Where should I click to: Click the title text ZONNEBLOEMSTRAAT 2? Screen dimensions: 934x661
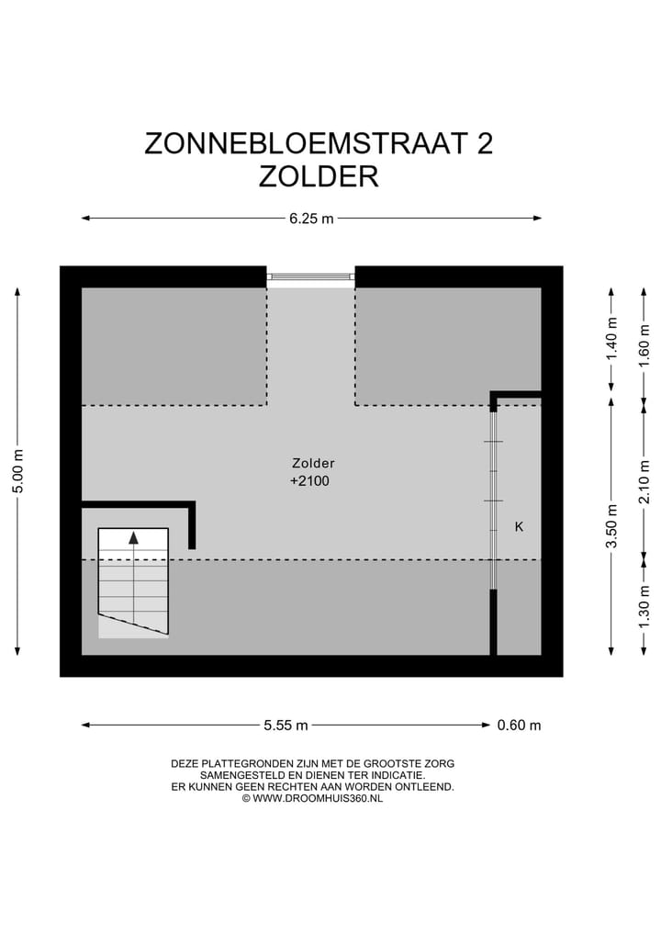tap(318, 143)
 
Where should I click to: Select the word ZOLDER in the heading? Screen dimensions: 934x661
tap(318, 175)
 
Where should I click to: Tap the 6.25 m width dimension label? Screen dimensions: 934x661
tap(311, 219)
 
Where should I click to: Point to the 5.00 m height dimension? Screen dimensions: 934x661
tap(17, 471)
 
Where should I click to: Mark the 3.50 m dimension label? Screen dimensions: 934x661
tap(612, 526)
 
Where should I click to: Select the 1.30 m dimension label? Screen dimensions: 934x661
tap(644, 607)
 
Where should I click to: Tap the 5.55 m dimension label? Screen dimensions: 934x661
tap(286, 726)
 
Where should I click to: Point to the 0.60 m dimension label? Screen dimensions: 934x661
tap(519, 726)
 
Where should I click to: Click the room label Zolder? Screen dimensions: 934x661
tap(313, 463)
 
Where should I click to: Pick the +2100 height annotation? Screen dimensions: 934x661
tap(309, 480)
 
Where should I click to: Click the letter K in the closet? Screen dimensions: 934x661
tap(519, 527)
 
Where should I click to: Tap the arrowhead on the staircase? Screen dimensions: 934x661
tap(133, 538)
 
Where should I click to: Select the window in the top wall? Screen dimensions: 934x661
tap(310, 276)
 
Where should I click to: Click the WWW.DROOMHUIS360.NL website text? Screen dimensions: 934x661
tap(318, 798)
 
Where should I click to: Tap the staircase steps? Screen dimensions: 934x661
tap(133, 583)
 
